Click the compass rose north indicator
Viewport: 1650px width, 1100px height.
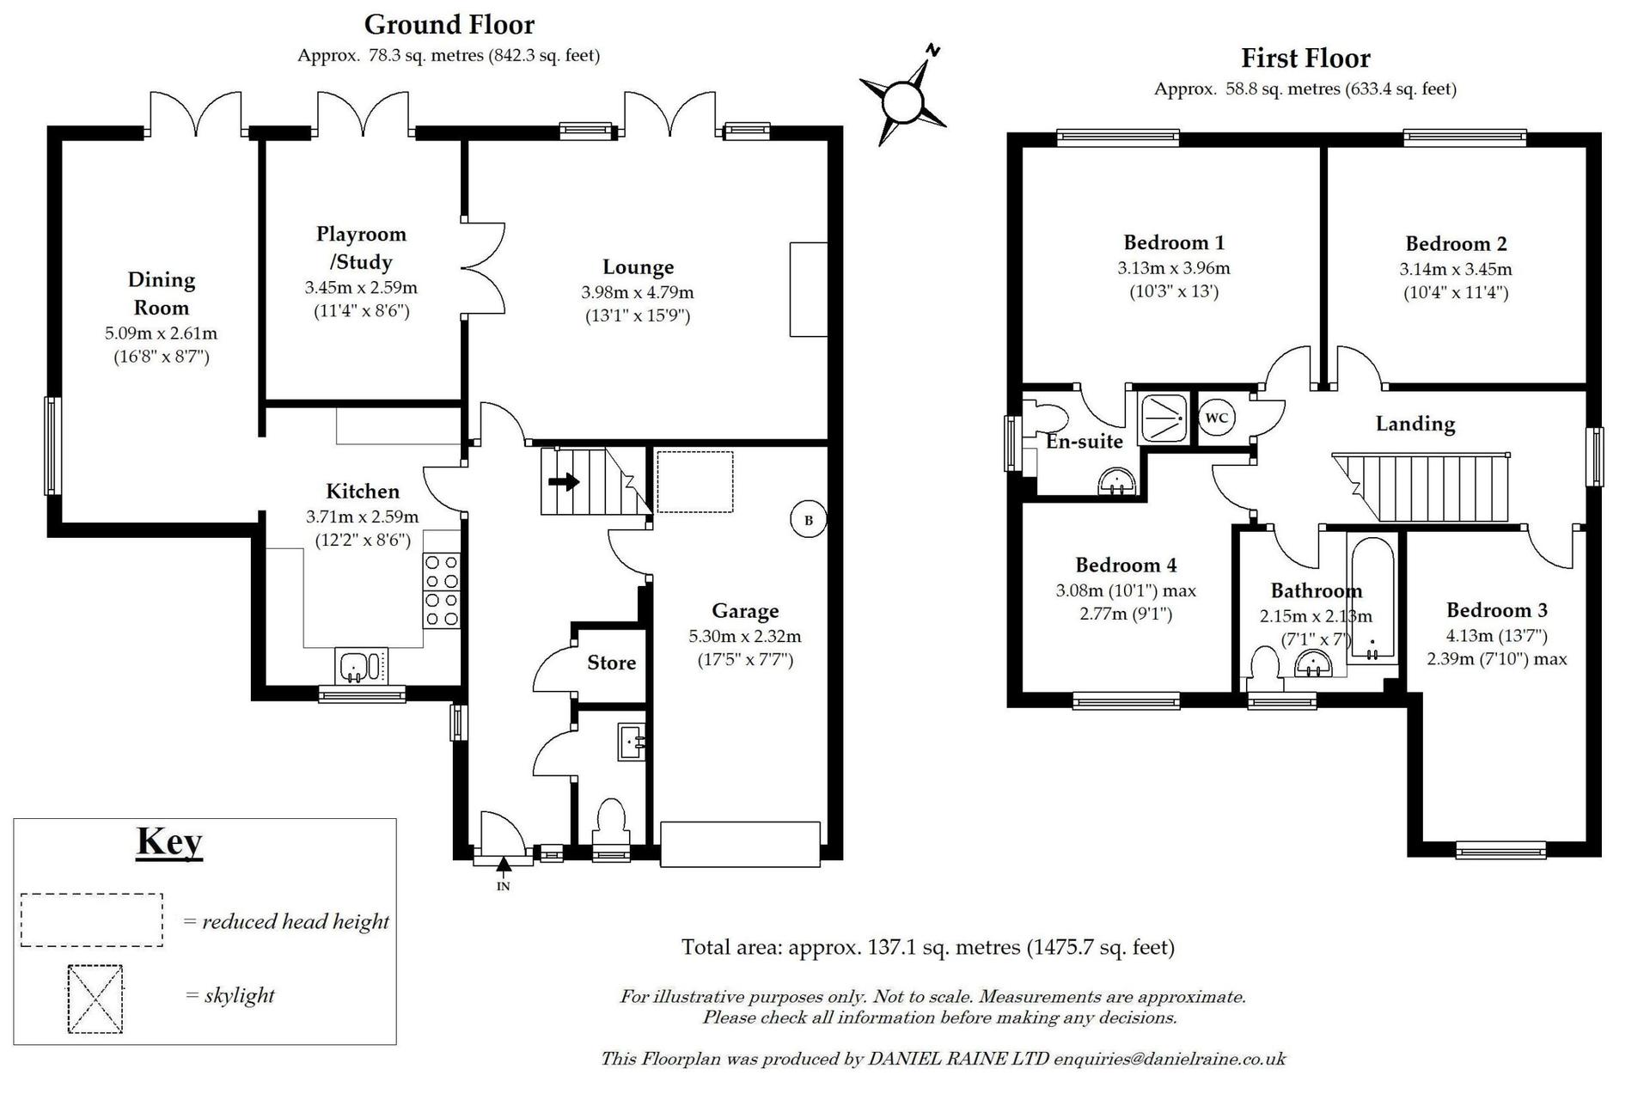(903, 97)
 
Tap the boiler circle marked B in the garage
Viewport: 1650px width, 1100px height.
(808, 520)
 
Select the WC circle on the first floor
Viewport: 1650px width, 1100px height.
(1216, 418)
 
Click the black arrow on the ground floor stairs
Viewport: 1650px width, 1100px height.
(564, 482)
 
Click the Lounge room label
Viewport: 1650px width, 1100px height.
(638, 267)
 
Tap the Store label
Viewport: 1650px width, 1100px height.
(612, 663)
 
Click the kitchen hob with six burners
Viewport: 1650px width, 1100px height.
(442, 590)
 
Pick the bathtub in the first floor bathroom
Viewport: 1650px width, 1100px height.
(1372, 600)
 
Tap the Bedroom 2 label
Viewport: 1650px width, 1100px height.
(1456, 244)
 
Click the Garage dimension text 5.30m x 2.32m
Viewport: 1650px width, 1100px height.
(745, 637)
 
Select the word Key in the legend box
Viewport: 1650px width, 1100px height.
(169, 841)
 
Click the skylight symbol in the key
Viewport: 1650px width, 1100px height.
(95, 999)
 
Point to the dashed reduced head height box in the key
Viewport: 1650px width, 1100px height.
(92, 920)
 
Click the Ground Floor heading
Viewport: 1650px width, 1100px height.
(449, 24)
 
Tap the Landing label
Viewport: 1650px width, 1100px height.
(1415, 424)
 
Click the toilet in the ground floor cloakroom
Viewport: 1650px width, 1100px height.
(611, 821)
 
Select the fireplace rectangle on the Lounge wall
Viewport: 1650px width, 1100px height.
(809, 290)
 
